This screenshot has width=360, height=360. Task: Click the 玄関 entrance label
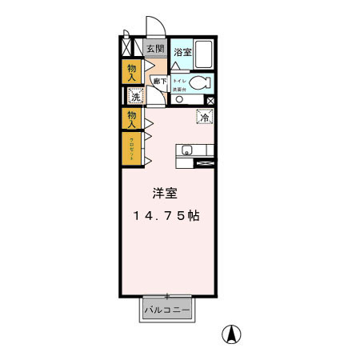click(155, 49)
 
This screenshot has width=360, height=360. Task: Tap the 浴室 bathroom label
click(183, 53)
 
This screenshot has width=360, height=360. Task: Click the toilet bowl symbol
click(202, 82)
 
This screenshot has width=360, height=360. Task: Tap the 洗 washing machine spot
click(135, 97)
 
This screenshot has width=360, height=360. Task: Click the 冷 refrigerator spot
click(205, 118)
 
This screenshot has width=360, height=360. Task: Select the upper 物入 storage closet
click(131, 72)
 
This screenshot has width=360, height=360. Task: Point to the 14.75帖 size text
click(166, 216)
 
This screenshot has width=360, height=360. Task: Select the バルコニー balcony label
click(167, 310)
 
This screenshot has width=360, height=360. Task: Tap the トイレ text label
click(178, 81)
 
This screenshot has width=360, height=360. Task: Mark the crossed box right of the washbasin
click(210, 100)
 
